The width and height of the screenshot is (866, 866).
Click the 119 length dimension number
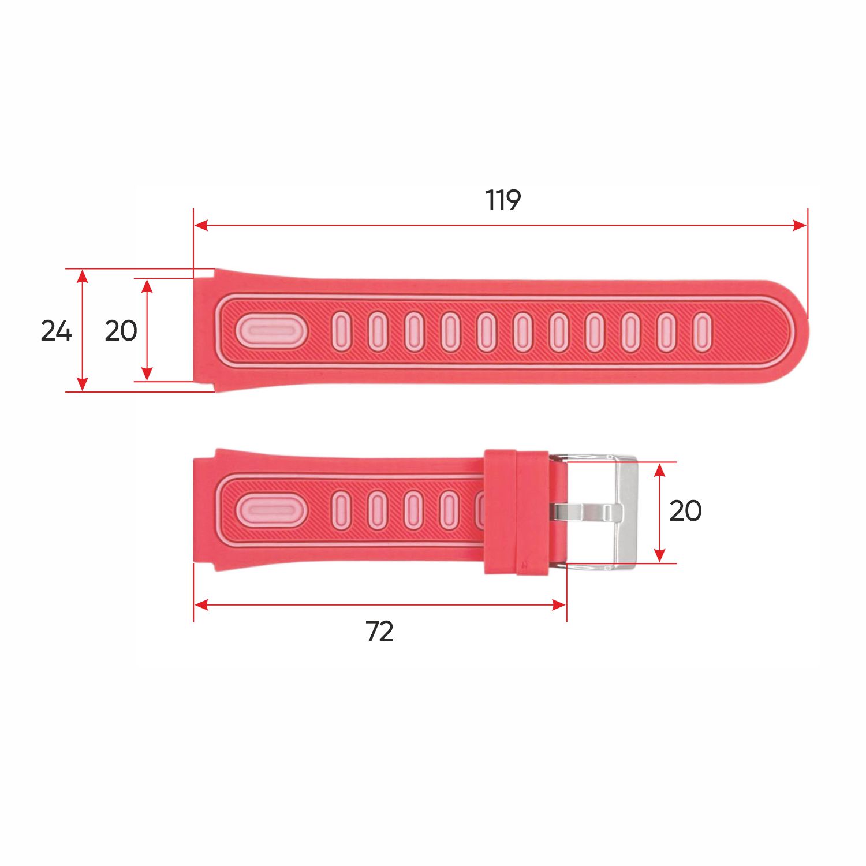tap(503, 200)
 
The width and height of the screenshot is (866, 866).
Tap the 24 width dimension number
tap(56, 331)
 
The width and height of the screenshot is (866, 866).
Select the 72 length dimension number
tap(379, 632)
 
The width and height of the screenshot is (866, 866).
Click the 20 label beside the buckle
tap(685, 511)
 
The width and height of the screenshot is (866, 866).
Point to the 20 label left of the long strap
tap(121, 331)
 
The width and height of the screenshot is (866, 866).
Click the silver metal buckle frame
tap(626, 512)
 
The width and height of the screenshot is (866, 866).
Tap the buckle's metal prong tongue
tap(586, 512)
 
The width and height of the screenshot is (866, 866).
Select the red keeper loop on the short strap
tap(516, 512)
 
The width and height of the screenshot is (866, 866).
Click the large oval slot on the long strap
tap(271, 332)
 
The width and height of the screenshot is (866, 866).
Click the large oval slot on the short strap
tap(271, 510)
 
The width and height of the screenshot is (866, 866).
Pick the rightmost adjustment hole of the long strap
tap(702, 332)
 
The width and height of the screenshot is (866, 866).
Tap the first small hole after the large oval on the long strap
tap(341, 332)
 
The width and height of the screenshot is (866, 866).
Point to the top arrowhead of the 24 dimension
tap(83, 276)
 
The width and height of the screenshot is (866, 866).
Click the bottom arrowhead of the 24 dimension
tap(83, 385)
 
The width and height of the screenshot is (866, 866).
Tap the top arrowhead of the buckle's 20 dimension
tap(660, 469)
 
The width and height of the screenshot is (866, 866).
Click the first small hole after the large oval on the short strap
tap(341, 510)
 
